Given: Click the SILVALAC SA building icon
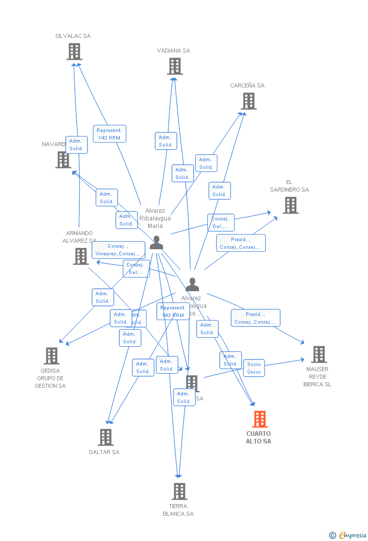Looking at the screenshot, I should (74, 51).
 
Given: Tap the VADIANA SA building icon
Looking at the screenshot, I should (174, 66).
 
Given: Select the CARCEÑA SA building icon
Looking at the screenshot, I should (248, 101).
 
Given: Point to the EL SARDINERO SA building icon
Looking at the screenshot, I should (290, 205).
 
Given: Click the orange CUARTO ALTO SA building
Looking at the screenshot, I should (259, 419).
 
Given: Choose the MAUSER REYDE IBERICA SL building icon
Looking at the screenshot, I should (318, 354).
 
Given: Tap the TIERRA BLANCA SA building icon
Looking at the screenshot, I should (179, 491).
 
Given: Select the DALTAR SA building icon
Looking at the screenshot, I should (105, 437).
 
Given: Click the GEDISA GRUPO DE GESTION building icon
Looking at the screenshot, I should (51, 356).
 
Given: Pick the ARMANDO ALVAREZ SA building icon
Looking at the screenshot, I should (81, 256).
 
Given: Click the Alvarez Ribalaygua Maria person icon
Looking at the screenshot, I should (156, 243).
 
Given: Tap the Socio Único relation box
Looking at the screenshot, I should (254, 368).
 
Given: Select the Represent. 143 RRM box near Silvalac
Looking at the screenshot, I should (109, 134).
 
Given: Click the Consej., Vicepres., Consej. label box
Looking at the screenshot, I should (118, 250).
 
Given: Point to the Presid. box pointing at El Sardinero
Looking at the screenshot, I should (241, 243).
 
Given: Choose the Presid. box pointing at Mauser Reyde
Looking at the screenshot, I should (255, 318).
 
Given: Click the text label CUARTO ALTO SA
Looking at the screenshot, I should (258, 437).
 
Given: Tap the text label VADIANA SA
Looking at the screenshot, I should (173, 51).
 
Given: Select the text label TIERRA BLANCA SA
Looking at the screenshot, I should (178, 510).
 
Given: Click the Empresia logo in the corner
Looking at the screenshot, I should (348, 535).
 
